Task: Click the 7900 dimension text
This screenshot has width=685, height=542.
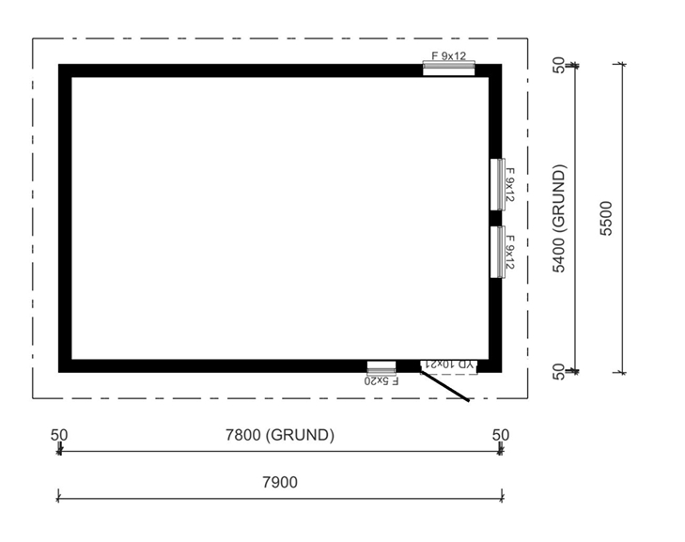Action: pos(280,482)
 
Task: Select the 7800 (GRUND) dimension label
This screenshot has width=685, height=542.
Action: pos(280,435)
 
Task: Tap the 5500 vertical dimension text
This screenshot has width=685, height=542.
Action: pos(606,218)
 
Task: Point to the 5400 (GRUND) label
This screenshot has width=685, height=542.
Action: pos(559,218)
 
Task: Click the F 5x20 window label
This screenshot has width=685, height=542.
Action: pos(381,380)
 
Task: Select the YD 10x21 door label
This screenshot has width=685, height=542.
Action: pos(449,364)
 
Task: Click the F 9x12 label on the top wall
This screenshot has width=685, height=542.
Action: pos(448,56)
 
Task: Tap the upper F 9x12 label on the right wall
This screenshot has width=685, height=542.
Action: pos(510,184)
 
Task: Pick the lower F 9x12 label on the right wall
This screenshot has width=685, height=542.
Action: pos(510,252)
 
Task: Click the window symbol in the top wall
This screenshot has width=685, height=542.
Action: pos(448,69)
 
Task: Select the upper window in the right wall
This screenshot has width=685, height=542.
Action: pos(498,184)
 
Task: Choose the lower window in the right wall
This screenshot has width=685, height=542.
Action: pos(498,252)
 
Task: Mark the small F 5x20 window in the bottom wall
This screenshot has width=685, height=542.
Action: pos(381,367)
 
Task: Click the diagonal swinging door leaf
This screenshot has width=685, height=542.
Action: pos(444,386)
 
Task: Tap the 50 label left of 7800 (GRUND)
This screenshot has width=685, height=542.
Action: pos(59,436)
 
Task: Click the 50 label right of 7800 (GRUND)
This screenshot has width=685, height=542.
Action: pos(501,435)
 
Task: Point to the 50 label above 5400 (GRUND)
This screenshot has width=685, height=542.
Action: pos(559,65)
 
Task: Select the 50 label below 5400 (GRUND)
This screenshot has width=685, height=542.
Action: pos(559,372)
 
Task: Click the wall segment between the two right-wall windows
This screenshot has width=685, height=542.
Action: pos(495,218)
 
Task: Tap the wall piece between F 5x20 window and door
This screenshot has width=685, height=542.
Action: pos(408,366)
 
